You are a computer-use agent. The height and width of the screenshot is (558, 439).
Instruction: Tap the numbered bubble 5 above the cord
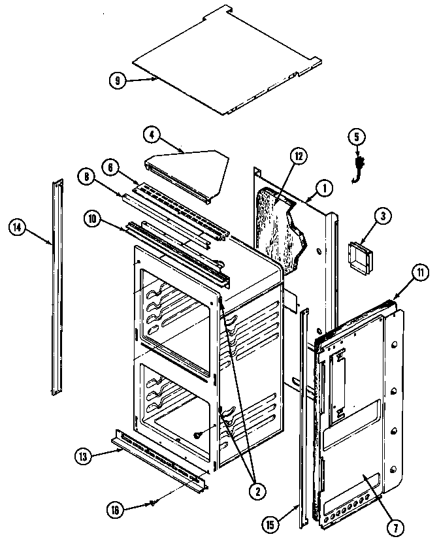coord(356,137)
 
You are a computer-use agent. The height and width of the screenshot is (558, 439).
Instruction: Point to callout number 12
coord(298,156)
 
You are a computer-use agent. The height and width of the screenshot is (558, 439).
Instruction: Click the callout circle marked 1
coord(325,188)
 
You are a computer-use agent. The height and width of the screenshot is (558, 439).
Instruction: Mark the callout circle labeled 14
coord(18,227)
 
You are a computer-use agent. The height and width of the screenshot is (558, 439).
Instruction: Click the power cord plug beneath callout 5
coord(358,169)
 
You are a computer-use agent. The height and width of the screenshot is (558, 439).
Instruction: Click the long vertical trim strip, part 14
coord(57,287)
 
